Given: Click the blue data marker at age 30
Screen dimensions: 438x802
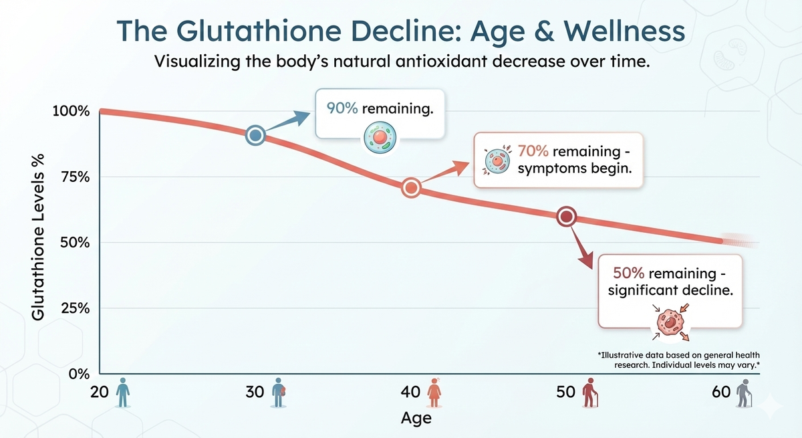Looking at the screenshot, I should pyautogui.click(x=255, y=136).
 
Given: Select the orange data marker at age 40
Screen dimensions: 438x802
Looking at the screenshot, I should pyautogui.click(x=411, y=188).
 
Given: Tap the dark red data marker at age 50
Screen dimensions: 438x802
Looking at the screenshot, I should pyautogui.click(x=567, y=217).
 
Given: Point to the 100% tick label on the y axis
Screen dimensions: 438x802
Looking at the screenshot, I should pyautogui.click(x=71, y=111).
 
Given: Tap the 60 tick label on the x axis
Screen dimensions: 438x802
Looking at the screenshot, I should pyautogui.click(x=722, y=393).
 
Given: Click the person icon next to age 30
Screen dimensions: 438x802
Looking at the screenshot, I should pyautogui.click(x=278, y=393).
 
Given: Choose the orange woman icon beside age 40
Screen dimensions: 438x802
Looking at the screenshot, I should pyautogui.click(x=435, y=393).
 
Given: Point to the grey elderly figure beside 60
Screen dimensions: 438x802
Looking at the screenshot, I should pyautogui.click(x=743, y=393).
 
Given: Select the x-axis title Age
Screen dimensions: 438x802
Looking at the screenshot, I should pyautogui.click(x=416, y=419).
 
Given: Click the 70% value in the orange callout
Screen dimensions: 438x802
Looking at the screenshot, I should pyautogui.click(x=531, y=150).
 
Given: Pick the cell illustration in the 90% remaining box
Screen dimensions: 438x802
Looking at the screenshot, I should pyautogui.click(x=379, y=136).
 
